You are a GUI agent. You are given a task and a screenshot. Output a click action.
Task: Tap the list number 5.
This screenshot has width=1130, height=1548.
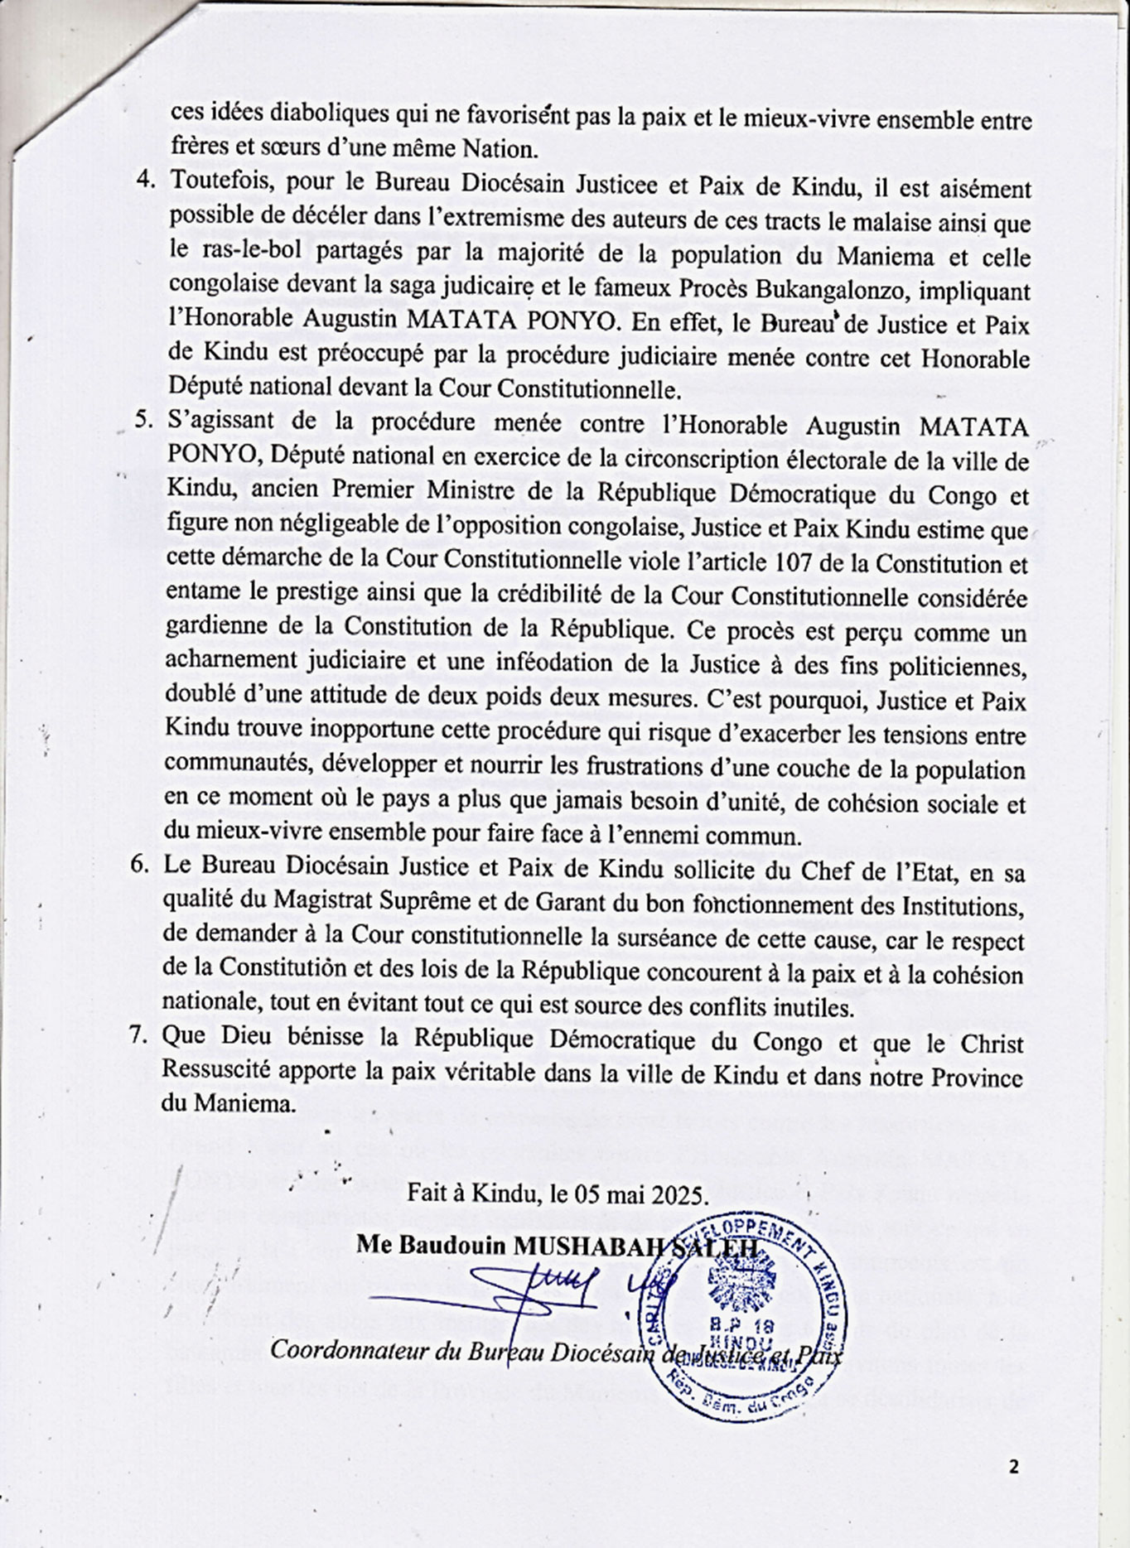(144, 418)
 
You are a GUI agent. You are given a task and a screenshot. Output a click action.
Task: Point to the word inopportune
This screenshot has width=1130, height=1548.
(369, 731)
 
